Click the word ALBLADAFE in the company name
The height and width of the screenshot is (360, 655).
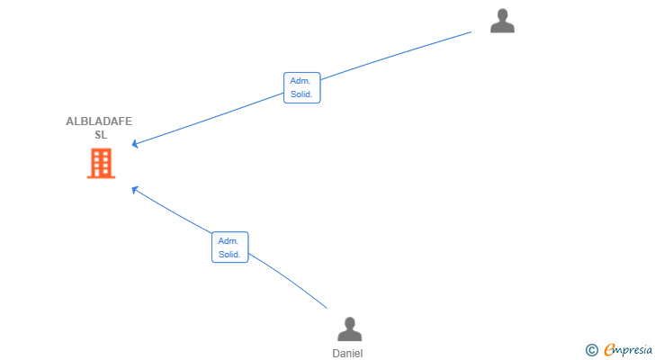point(99,121)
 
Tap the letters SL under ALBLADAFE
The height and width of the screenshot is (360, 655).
point(101,135)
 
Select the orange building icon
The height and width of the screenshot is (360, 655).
point(101,163)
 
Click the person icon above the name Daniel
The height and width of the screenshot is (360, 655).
point(350,329)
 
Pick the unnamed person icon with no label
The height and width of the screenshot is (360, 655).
point(502,21)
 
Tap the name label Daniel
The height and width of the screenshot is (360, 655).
point(347,354)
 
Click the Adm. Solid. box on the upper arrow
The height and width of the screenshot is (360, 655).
point(302,87)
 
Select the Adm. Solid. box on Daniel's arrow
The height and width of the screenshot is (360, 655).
point(230,247)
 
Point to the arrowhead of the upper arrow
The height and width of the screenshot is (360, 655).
point(135,144)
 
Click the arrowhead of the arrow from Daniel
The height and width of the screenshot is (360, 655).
point(135,190)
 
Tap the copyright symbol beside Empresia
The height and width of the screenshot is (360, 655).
point(591,350)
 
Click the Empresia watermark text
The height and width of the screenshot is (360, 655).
point(628,349)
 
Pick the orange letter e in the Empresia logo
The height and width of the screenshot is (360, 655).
point(610,350)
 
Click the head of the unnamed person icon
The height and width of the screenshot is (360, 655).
point(502,14)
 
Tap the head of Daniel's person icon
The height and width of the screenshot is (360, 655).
point(350,323)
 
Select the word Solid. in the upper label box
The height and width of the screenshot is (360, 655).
point(301,94)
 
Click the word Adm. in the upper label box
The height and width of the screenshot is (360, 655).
point(301,81)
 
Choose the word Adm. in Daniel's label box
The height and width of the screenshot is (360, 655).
point(229,241)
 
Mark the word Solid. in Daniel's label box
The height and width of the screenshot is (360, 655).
point(229,255)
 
